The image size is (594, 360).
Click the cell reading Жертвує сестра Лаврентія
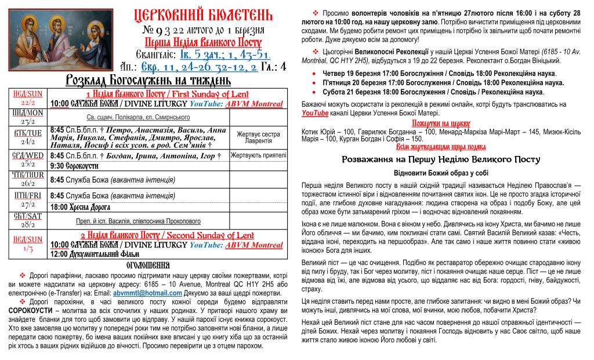pos(258,137)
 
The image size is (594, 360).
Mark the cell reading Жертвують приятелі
pos(259,155)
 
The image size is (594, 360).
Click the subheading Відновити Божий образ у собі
pos(441,173)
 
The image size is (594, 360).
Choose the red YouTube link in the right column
pos(315,112)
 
